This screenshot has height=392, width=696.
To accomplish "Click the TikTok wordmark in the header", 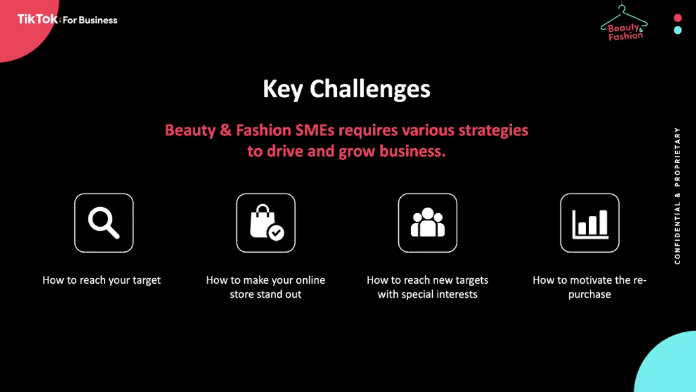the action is coord(37,19).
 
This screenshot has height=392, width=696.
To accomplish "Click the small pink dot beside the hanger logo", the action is coord(678,18).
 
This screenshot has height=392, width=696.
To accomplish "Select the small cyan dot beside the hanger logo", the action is coord(678,30).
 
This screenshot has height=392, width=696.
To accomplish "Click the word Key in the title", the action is coord(283,89).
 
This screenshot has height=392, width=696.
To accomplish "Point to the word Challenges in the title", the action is coord(369,89).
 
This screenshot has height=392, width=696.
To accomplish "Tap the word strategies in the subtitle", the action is coord(493,131).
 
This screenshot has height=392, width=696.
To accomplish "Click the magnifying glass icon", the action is coord(104,222).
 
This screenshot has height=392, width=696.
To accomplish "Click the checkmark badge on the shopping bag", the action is coord(276,232).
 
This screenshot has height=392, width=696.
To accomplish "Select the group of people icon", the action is coord(427,222).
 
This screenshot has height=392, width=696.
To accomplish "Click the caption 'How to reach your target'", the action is coord(102,280).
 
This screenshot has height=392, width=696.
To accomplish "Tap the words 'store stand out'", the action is coord(265,294).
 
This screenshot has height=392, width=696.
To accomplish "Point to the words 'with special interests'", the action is coord(427,294).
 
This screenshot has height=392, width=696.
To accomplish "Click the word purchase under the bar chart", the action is coord(589,295).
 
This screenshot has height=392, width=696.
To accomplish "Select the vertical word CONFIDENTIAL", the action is coord(678,233).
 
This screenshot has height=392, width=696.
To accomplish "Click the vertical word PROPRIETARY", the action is coord(678,157).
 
